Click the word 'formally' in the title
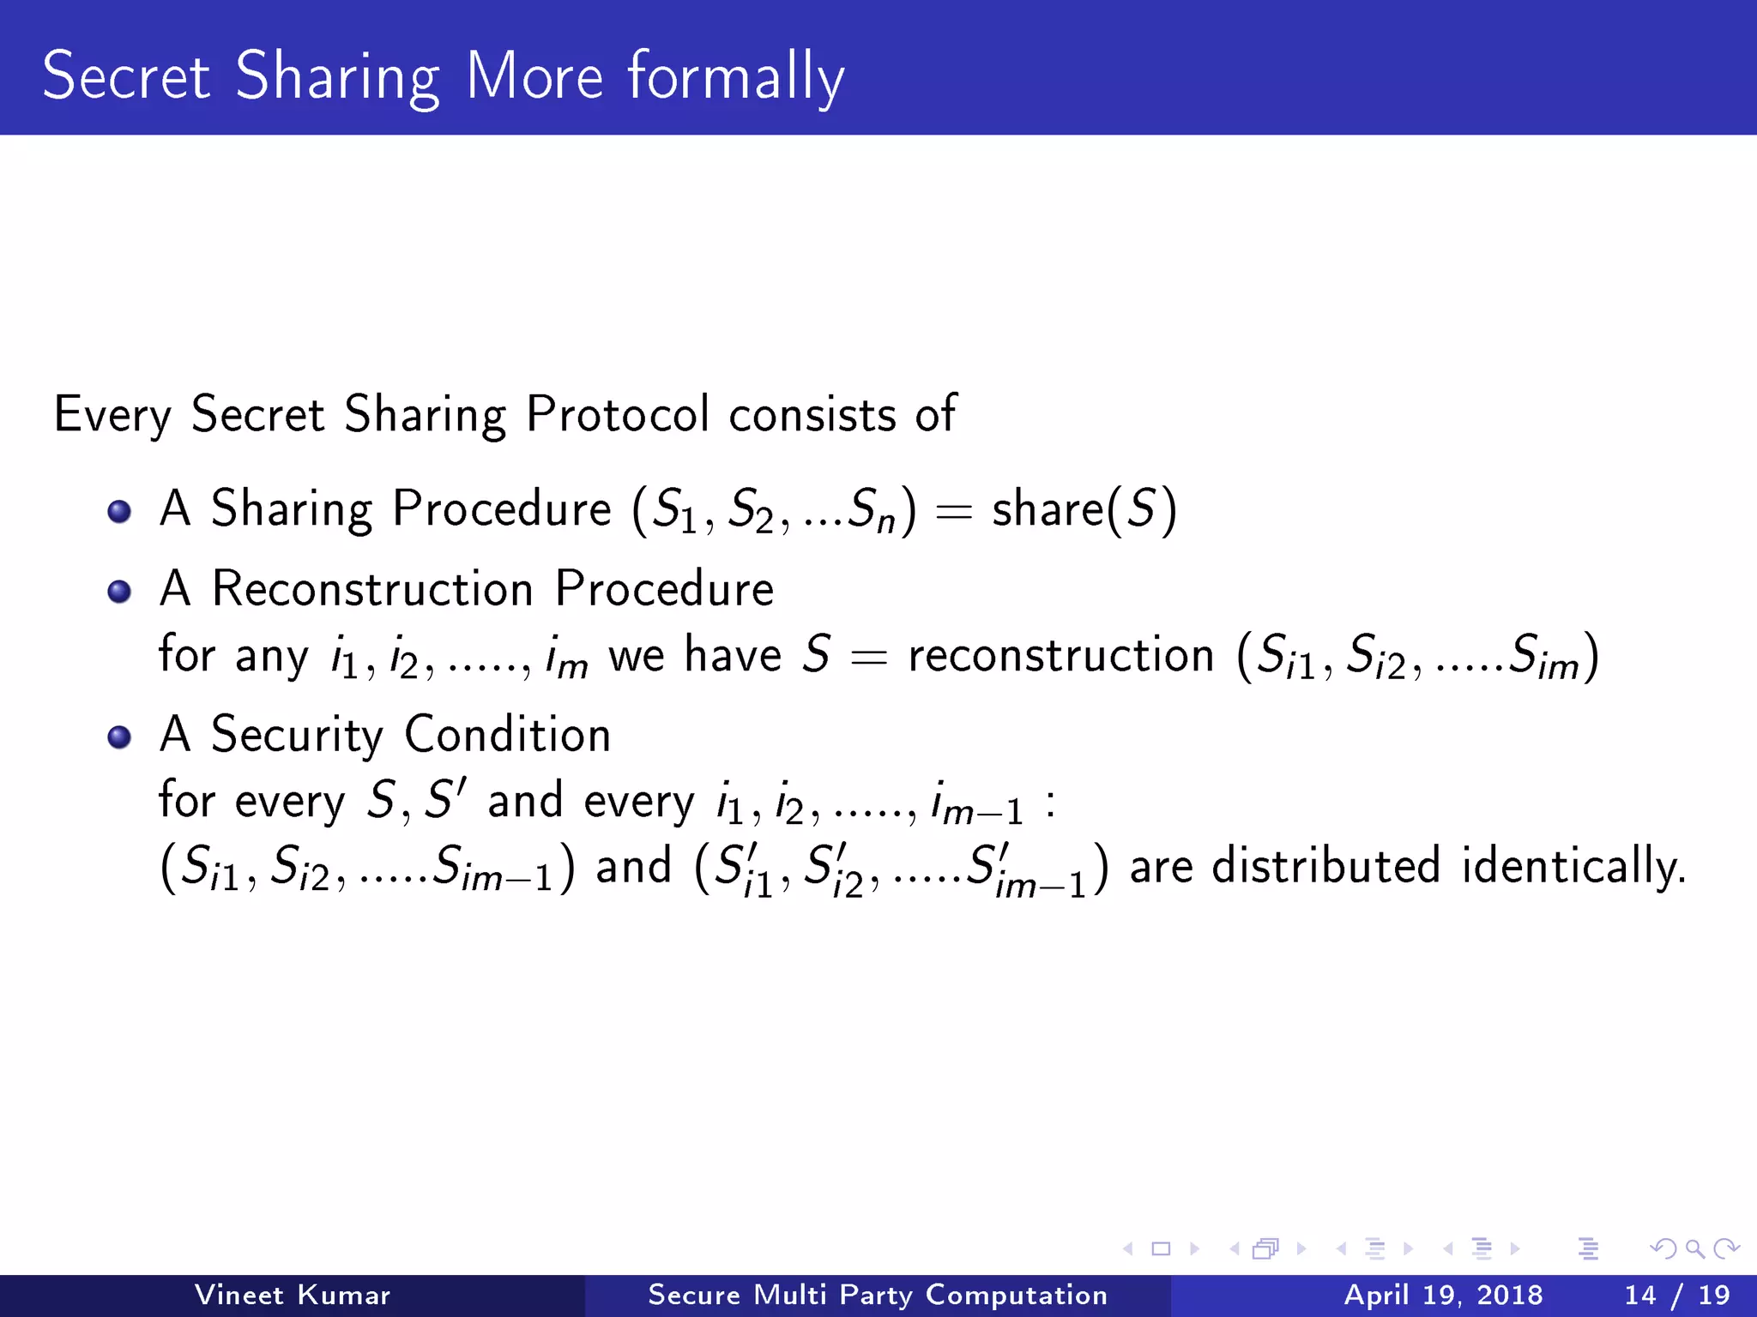click(736, 77)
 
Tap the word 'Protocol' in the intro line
click(618, 414)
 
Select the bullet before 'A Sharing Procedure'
click(119, 512)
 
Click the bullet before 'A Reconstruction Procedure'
click(119, 592)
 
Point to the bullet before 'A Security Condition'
click(119, 737)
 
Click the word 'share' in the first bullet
click(1048, 509)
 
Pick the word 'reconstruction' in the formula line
click(1061, 656)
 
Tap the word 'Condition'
click(507, 735)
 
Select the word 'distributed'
click(1325, 866)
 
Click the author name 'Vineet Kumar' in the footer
click(293, 1295)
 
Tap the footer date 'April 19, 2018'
click(1443, 1295)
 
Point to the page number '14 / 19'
click(1676, 1295)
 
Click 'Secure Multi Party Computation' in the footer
click(878, 1295)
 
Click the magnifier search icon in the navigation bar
click(1694, 1248)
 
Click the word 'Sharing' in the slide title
click(337, 77)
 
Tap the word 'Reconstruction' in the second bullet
click(373, 589)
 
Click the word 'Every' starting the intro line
click(112, 415)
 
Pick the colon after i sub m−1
click(1051, 804)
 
